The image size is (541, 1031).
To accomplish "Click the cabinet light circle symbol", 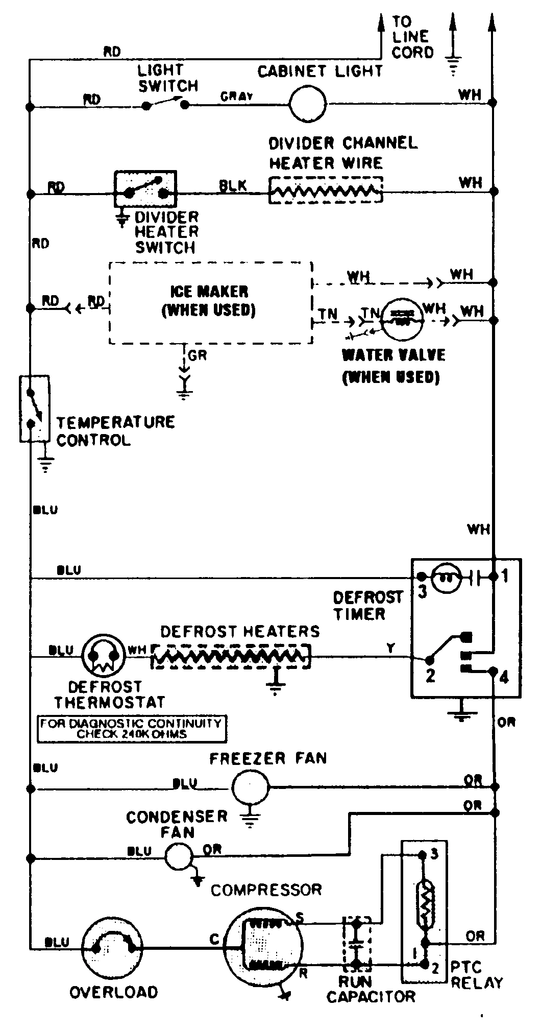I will pos(307,104).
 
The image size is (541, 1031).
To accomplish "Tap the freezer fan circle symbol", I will pos(250,787).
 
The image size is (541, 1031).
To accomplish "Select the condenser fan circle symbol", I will pos(179,856).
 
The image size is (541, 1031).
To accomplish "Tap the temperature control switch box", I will pos(35,409).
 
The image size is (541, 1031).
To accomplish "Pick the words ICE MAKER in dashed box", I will pos(209,292).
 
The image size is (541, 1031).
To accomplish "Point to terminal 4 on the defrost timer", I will pos(503,678).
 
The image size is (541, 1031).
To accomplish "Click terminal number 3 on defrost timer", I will pos(422,592).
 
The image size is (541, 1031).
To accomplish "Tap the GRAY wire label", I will pos(237,97).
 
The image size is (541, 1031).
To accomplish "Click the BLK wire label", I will pos(232,186).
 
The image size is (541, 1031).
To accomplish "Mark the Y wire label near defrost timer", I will pos(390,648).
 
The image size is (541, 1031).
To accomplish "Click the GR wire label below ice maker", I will pos(198,356).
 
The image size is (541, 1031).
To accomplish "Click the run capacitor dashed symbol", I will pos(357,945).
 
